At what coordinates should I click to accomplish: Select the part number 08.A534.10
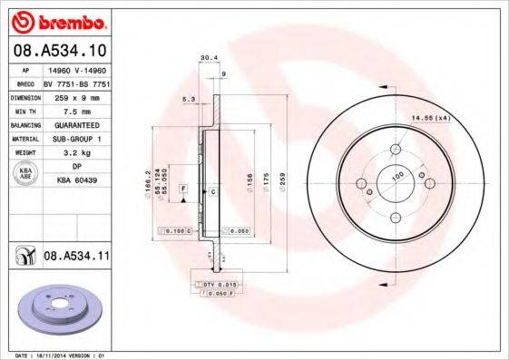(x=59, y=50)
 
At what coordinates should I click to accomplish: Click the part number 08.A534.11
(x=77, y=258)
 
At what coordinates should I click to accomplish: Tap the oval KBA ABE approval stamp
(x=25, y=175)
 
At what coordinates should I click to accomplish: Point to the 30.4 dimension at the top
(x=206, y=57)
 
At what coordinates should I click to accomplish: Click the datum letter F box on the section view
(x=185, y=187)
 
